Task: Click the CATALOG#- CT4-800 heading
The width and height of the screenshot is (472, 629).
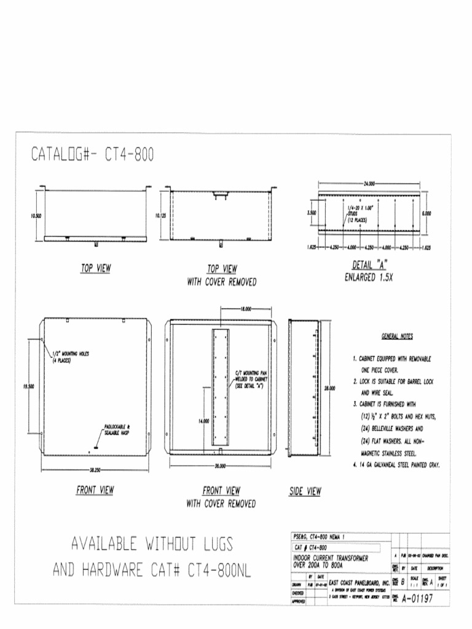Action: pos(92,154)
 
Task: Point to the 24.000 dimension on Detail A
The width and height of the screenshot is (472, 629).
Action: pos(368,183)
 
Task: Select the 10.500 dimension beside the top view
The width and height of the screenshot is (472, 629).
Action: pos(35,216)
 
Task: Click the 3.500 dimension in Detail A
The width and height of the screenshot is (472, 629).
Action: pos(311,213)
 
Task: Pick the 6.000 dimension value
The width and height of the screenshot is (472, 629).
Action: pos(426,214)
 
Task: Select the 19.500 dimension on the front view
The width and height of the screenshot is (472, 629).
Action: pos(28,386)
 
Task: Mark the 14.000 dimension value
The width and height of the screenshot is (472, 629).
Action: pos(204,421)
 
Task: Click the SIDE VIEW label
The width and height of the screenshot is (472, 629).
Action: pos(305,491)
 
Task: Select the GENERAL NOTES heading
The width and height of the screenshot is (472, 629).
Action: pos(397,337)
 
